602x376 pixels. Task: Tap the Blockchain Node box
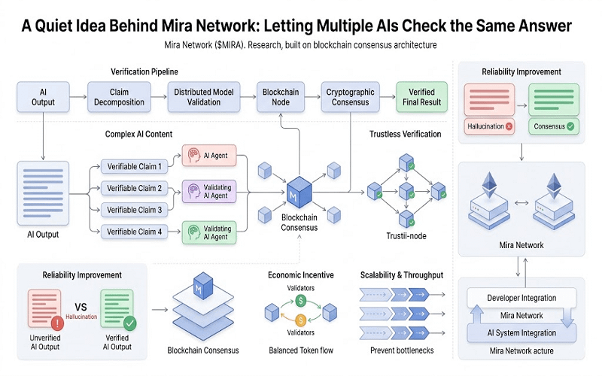coord(281,97)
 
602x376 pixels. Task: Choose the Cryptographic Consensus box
coord(351,97)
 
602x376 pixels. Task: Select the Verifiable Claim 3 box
coord(135,210)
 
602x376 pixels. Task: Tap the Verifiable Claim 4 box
coord(135,232)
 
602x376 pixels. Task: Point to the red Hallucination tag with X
coord(489,127)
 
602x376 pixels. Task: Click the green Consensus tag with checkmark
coord(554,127)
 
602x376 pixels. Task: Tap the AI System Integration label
coord(517,332)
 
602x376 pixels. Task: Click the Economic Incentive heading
coord(300,275)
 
